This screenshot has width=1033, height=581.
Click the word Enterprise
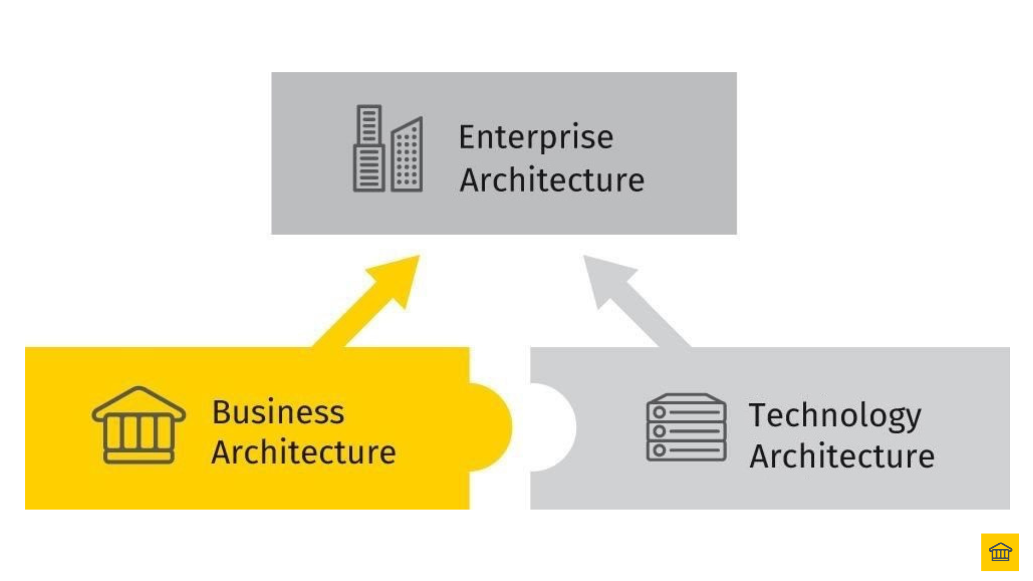point(536,137)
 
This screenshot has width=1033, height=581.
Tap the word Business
point(278,412)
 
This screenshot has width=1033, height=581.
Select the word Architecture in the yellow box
point(303,452)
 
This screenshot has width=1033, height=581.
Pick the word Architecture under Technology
point(842,456)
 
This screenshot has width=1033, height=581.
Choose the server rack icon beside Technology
point(686,427)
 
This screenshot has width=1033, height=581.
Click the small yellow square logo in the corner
point(1000,552)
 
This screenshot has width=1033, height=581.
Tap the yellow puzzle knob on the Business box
point(491,427)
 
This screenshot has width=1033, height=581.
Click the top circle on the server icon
point(659,412)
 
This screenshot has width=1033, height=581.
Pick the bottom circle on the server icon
point(659,450)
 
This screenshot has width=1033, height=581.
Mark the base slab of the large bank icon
point(139,457)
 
